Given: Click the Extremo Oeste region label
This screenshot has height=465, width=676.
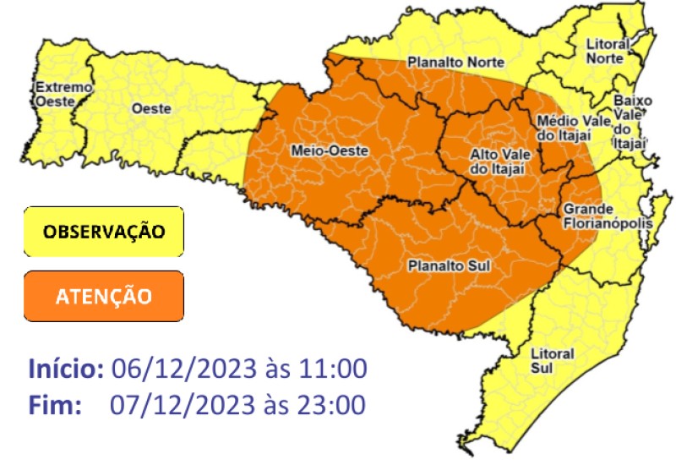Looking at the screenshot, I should point(54,94).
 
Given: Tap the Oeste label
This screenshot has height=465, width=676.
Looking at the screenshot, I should point(151,108).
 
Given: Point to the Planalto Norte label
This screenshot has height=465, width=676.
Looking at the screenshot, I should point(455,62).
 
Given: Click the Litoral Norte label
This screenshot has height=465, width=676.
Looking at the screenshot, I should point(608,51).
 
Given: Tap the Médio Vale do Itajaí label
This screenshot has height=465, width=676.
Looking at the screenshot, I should point(574,129).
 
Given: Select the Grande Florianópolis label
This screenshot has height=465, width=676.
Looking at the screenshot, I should point(597,216).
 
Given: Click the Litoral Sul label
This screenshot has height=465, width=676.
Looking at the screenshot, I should point(552,359).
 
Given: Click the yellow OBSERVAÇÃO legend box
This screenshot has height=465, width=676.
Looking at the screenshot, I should point(103,231).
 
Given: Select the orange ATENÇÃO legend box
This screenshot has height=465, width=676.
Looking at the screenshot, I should point(103,296).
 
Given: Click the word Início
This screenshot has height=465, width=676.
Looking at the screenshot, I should point(66,369).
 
